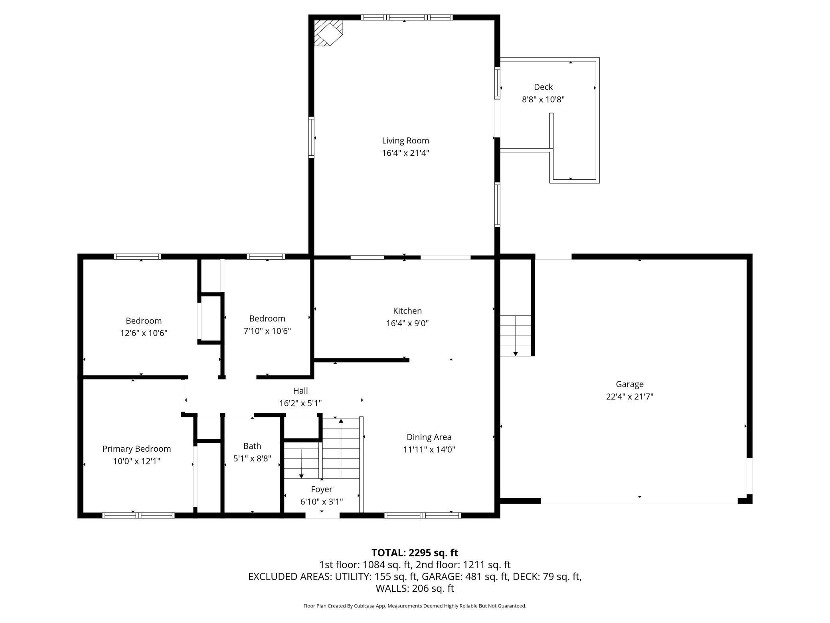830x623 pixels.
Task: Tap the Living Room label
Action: [405, 141]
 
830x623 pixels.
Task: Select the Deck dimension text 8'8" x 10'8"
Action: [543, 99]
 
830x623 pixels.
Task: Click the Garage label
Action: [630, 384]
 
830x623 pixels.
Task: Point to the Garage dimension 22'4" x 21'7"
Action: [630, 397]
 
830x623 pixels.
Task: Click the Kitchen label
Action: [407, 311]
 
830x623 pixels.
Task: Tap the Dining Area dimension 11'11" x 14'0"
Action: [429, 449]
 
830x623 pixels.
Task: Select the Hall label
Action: [300, 391]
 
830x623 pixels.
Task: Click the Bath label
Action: [252, 446]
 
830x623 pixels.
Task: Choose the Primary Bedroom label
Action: [136, 449]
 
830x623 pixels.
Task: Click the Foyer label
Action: [322, 489]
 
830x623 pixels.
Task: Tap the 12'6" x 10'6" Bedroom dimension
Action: [144, 333]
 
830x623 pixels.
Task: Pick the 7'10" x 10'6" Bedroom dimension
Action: [267, 331]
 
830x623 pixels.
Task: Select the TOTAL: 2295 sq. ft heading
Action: [415, 553]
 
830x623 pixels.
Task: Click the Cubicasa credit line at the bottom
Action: [415, 606]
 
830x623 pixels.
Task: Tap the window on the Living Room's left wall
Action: [311, 137]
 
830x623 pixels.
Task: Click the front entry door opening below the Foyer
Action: [322, 516]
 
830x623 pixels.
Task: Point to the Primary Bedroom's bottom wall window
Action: [138, 516]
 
